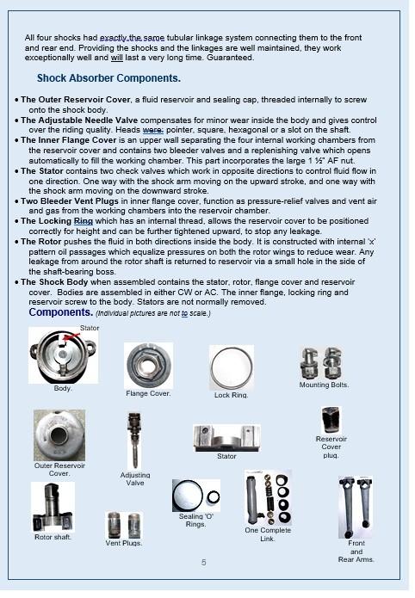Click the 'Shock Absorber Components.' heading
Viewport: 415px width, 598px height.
pyautogui.click(x=108, y=78)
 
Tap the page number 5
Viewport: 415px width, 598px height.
pyautogui.click(x=204, y=562)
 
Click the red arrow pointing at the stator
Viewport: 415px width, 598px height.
pyautogui.click(x=71, y=336)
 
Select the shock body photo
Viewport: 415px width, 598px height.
pyautogui.click(x=64, y=355)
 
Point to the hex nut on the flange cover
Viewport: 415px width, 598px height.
pyautogui.click(x=147, y=365)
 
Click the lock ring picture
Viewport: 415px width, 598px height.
pyautogui.click(x=232, y=368)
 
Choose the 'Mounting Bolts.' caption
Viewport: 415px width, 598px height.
pyautogui.click(x=324, y=385)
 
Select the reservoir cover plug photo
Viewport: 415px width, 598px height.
pyautogui.click(x=331, y=420)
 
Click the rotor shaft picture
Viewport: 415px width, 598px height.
pyautogui.click(x=53, y=508)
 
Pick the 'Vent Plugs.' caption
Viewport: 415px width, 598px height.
pyautogui.click(x=124, y=543)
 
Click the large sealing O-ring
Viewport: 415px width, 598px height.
pyautogui.click(x=189, y=496)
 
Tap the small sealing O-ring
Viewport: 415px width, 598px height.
pyautogui.click(x=213, y=497)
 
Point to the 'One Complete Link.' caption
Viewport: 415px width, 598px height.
pyautogui.click(x=268, y=534)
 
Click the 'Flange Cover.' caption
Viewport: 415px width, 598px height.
pyautogui.click(x=148, y=393)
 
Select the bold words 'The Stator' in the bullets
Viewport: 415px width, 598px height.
pyautogui.click(x=42, y=171)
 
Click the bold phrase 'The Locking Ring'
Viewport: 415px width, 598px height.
pyautogui.click(x=57, y=221)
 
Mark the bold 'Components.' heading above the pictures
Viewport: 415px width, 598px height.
pyautogui.click(x=61, y=312)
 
